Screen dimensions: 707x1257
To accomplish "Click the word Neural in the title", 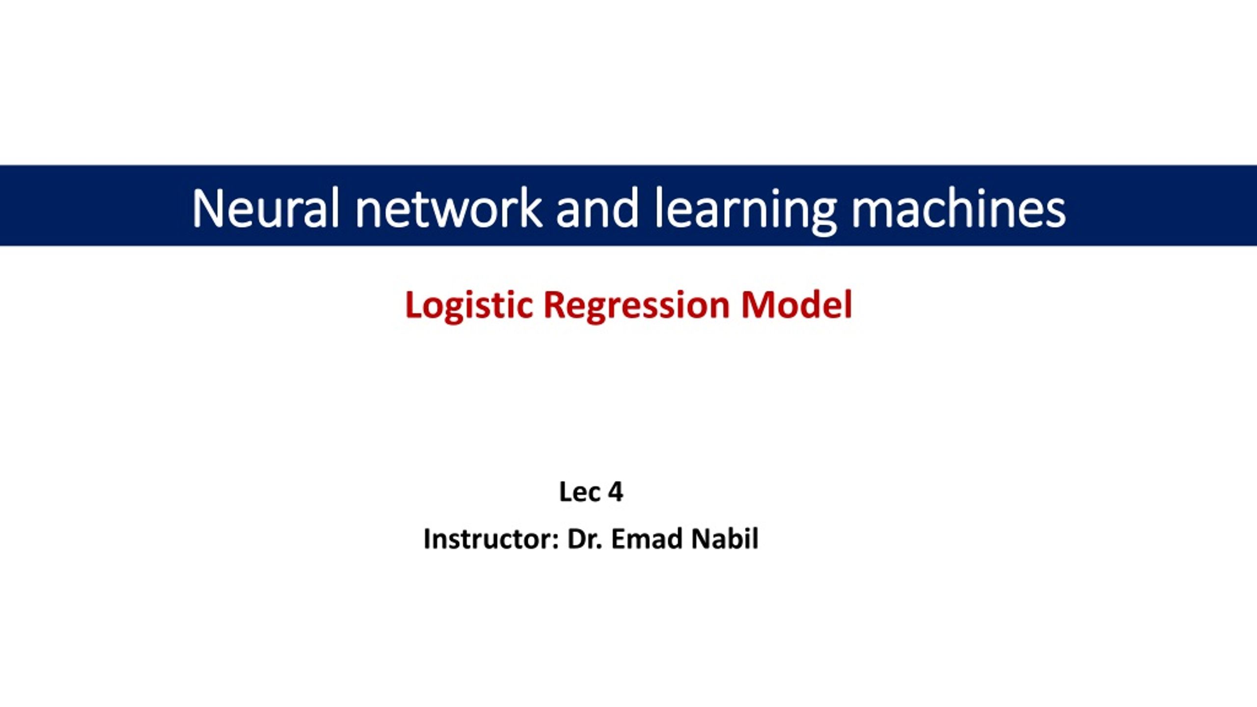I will (x=265, y=208).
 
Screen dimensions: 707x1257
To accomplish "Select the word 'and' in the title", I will (x=597, y=208).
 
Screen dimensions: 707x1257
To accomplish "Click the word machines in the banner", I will (x=958, y=208).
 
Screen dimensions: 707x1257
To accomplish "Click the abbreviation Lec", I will (x=579, y=491).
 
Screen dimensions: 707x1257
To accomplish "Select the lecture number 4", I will (x=616, y=491).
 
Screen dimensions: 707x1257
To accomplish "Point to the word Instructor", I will (x=488, y=539).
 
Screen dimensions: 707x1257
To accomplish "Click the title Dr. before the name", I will (x=584, y=539).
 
